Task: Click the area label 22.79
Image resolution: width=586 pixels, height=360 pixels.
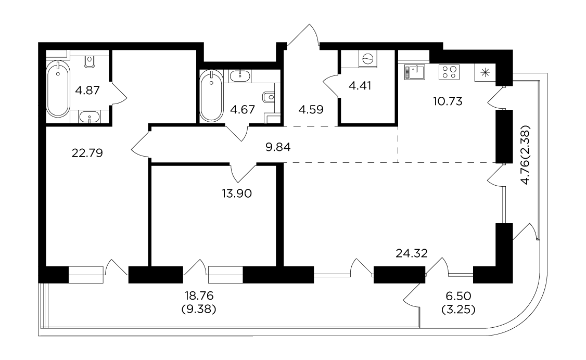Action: click(87, 153)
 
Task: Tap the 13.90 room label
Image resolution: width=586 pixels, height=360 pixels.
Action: click(237, 194)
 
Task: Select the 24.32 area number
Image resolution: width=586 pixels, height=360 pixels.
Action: click(412, 253)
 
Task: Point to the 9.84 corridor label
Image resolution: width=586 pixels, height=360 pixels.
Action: click(278, 147)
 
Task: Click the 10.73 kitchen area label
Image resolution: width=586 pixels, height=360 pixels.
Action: click(448, 101)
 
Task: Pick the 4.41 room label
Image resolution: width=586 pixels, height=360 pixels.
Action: click(360, 86)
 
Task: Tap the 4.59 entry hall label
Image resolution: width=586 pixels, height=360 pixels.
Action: click(311, 109)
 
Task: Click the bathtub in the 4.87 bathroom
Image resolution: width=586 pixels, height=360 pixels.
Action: click(58, 89)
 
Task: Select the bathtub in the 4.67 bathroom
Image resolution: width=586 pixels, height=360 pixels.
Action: click(211, 96)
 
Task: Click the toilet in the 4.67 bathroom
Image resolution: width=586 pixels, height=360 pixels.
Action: click(269, 97)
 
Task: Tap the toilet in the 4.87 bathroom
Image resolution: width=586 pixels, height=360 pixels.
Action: click(90, 61)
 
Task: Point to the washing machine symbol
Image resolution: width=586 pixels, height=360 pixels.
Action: click(368, 59)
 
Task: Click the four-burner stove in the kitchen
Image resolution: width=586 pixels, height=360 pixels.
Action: click(449, 72)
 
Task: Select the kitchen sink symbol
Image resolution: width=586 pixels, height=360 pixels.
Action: click(414, 72)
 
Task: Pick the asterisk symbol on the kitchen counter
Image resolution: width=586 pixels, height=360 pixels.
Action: click(485, 72)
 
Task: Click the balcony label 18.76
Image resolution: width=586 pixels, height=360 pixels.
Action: click(199, 296)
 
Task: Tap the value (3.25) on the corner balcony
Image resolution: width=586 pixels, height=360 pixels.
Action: click(458, 310)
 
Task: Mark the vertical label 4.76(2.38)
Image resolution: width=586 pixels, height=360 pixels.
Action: click(526, 155)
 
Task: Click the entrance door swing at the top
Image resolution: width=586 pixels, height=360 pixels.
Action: click(303, 36)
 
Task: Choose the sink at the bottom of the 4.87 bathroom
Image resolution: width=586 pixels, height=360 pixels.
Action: click(90, 117)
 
